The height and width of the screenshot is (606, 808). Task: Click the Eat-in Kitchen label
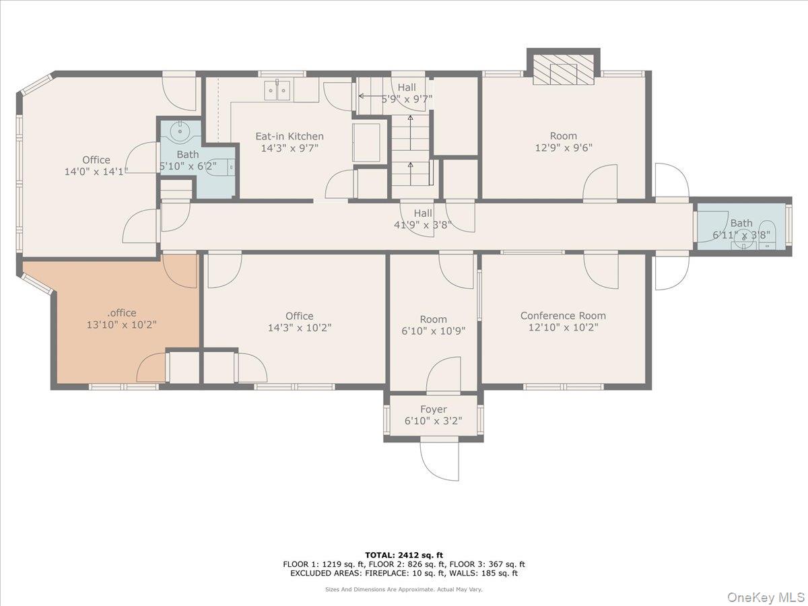(x=289, y=136)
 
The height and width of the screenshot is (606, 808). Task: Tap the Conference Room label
(x=563, y=316)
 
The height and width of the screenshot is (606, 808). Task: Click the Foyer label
(x=433, y=409)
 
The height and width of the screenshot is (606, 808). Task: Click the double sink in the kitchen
(x=277, y=90)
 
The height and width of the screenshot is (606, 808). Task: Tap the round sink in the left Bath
(x=180, y=132)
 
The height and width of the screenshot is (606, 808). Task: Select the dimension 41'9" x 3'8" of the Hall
(x=423, y=226)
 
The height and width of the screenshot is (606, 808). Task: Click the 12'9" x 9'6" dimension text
(x=563, y=148)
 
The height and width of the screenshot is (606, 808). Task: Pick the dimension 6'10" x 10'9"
(x=433, y=331)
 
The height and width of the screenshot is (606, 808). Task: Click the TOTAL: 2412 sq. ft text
(x=403, y=553)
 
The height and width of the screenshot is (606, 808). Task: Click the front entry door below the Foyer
(x=439, y=461)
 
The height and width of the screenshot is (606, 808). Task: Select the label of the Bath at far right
(x=741, y=223)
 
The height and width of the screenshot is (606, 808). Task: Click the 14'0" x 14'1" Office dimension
(x=96, y=172)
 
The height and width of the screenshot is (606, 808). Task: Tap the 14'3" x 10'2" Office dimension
(x=299, y=328)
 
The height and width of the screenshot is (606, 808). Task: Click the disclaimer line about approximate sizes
(x=403, y=589)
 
